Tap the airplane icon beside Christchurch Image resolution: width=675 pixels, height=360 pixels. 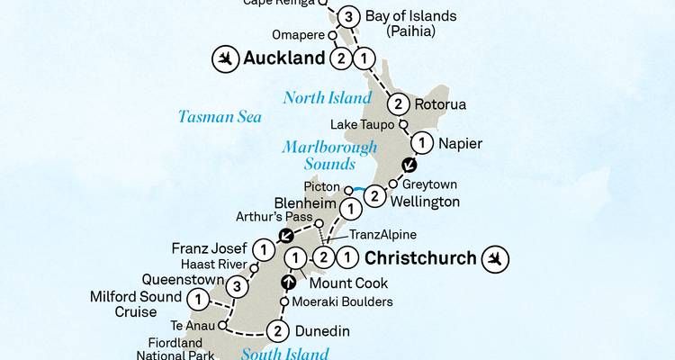(495, 259)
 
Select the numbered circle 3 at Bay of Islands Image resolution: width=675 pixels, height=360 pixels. (349, 16)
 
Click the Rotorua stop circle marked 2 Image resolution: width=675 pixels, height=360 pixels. (397, 104)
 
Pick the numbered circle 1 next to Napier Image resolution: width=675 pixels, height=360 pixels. (420, 142)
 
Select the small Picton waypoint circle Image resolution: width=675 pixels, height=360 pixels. (347, 189)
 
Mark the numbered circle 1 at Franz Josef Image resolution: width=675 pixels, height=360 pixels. (262, 248)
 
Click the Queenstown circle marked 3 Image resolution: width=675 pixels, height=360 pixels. (237, 287)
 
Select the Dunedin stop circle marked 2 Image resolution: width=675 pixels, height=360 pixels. (279, 332)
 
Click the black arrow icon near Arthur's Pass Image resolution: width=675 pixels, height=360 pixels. (286, 237)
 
